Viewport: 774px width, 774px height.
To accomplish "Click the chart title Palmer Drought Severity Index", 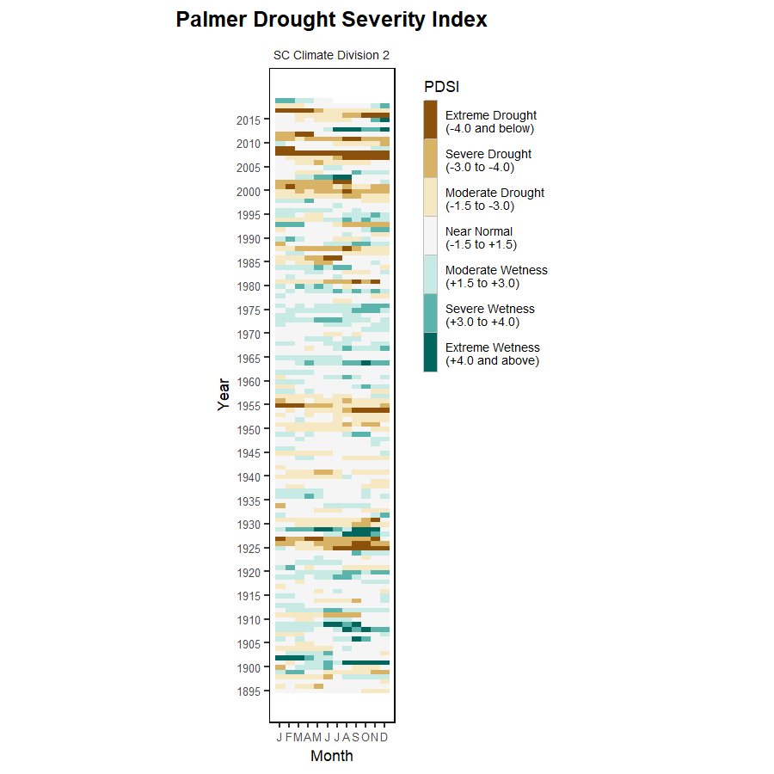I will click(331, 20).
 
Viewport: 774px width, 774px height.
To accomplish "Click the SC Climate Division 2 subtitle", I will click(331, 55).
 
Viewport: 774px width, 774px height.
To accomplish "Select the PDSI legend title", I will click(441, 86).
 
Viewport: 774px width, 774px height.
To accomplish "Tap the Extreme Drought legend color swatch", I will click(430, 120).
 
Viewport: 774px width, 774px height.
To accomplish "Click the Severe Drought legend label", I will click(488, 161).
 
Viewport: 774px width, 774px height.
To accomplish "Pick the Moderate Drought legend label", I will click(494, 200).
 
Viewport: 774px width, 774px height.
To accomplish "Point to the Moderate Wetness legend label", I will click(496, 276).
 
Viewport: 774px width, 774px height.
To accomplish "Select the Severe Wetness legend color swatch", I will click(430, 313).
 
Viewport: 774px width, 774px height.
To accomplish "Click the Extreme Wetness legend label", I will click(492, 353).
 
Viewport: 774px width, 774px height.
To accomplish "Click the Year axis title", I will click(224, 394).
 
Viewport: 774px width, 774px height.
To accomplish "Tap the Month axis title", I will click(331, 757).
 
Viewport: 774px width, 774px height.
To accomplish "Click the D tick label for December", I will click(384, 738).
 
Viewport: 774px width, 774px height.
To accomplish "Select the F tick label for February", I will click(289, 738).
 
